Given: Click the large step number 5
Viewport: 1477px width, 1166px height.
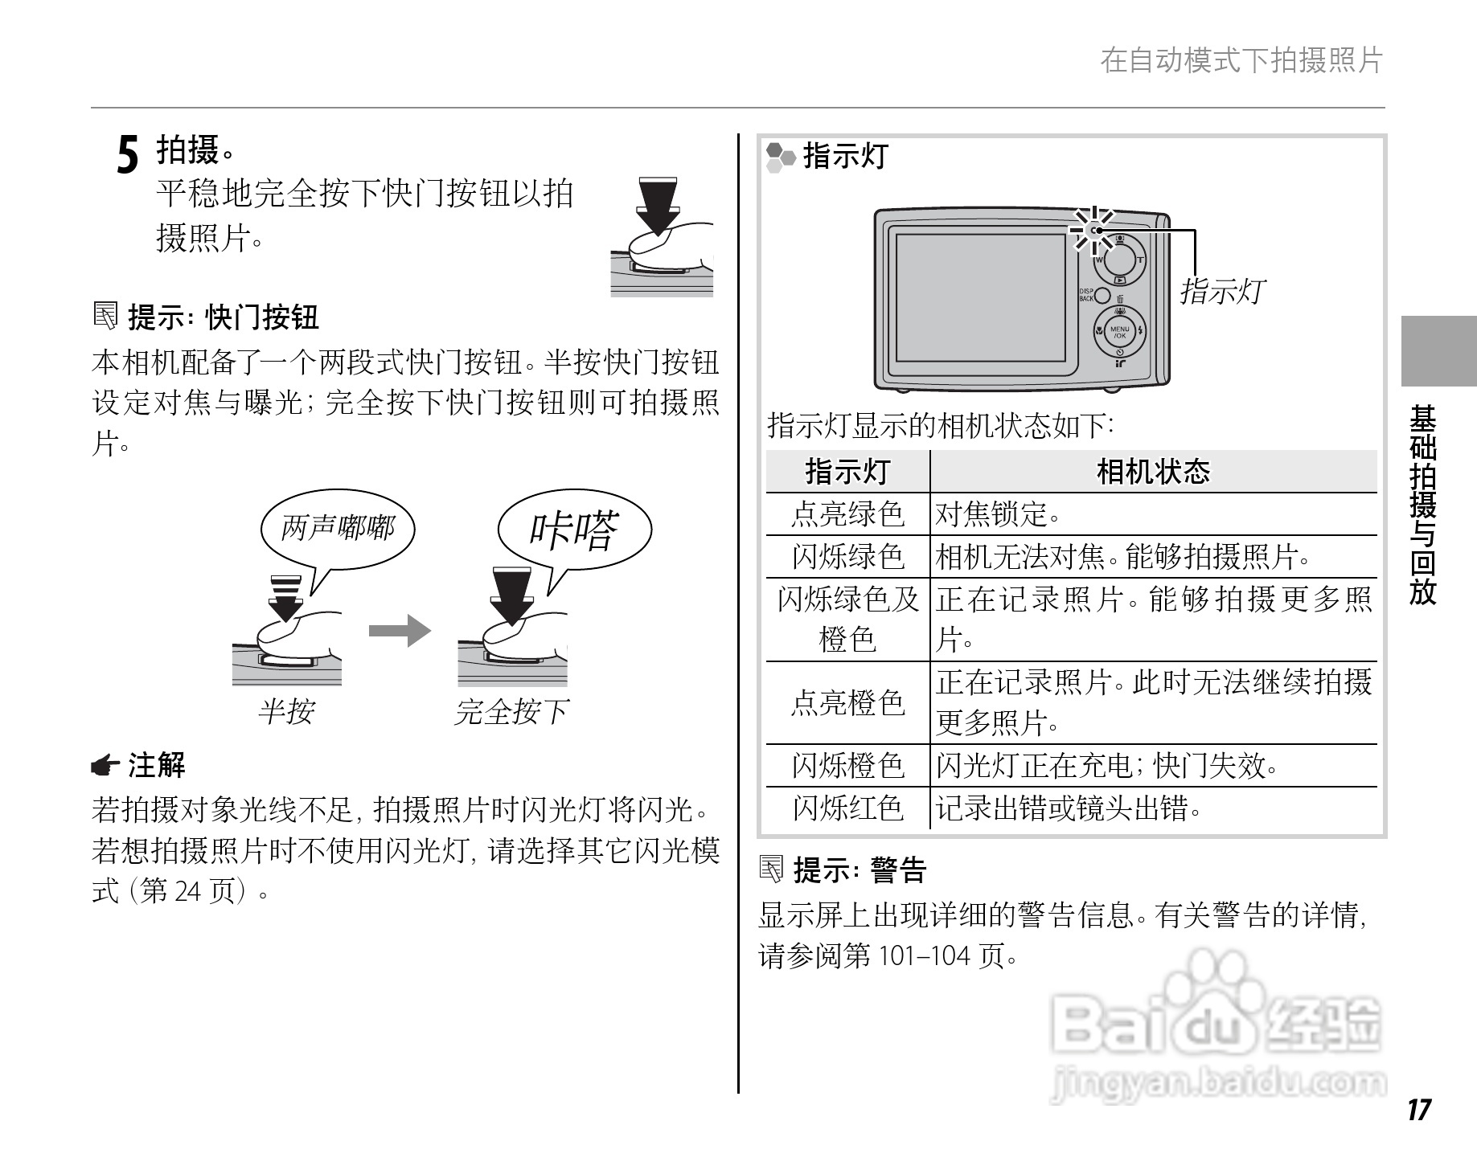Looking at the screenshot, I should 128,154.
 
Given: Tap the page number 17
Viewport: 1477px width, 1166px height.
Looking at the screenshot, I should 1419,1110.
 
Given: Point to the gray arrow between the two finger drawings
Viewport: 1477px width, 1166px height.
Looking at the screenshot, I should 400,631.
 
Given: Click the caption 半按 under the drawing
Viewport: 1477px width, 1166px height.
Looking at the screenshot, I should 286,711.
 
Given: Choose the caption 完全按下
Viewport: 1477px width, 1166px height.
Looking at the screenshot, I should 512,711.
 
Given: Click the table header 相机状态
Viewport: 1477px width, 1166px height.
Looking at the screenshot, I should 1153,472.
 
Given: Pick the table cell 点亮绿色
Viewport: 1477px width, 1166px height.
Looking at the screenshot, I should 847,514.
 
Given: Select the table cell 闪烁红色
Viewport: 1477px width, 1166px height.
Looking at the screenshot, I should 847,808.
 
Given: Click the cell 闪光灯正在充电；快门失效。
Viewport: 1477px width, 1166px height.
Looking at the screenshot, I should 1106,766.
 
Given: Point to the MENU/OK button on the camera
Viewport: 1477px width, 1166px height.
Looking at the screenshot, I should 1119,330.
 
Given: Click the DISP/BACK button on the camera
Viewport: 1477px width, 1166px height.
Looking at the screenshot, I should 1102,296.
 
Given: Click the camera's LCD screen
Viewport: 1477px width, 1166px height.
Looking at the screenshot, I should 980,298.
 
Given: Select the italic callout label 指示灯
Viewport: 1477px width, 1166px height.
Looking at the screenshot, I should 1221,291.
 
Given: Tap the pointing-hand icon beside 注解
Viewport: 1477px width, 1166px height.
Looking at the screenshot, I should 105,766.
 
